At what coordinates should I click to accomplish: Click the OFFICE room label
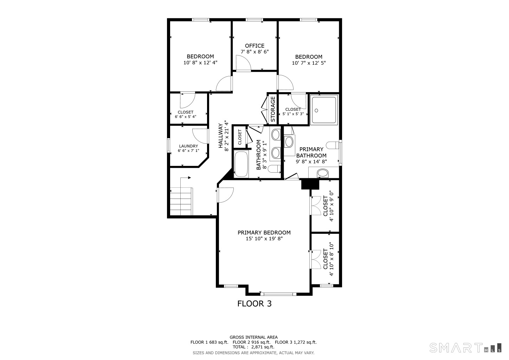(254, 46)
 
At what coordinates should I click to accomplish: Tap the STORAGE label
(273, 109)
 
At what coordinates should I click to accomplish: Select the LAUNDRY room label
(188, 146)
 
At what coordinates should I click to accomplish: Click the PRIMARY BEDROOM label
(264, 232)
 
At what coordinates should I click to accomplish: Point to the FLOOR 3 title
(254, 304)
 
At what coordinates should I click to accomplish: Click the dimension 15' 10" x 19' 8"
(264, 239)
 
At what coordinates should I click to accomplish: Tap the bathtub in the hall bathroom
(241, 163)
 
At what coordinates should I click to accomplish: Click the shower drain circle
(316, 110)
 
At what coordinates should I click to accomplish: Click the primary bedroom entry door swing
(225, 195)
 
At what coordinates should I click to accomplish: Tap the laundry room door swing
(200, 136)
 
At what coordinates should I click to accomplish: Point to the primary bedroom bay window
(278, 294)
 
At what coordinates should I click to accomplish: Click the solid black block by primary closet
(310, 185)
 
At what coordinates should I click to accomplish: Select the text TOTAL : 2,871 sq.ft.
(253, 347)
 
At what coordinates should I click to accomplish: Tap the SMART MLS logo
(465, 348)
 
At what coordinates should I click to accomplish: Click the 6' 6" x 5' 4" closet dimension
(185, 117)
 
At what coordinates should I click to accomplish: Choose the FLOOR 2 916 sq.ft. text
(252, 342)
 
